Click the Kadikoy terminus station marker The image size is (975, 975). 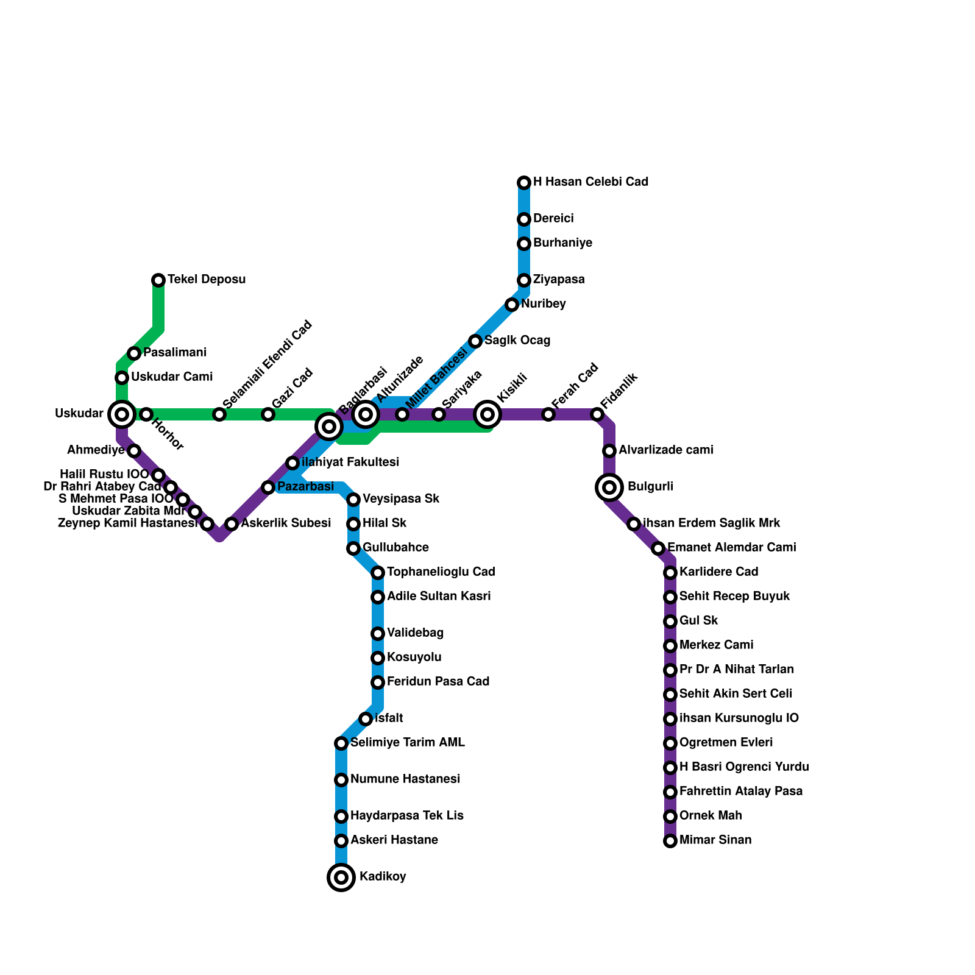[341, 877]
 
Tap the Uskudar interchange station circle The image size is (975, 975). [122, 414]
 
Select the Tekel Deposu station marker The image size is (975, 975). [158, 280]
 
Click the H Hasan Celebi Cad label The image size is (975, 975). [590, 182]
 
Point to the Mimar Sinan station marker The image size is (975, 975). [670, 841]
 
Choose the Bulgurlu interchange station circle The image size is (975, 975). [609, 487]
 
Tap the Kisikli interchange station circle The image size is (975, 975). [487, 414]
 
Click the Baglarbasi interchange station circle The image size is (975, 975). [329, 427]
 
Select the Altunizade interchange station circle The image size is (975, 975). [366, 414]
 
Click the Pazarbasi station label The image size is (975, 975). [305, 487]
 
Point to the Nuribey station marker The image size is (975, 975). [512, 305]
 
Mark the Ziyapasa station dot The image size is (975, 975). [524, 280]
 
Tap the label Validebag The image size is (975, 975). [415, 633]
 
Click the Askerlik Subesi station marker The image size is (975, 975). [232, 524]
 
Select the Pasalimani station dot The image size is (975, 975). [134, 353]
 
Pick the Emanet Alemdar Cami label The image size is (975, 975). [731, 548]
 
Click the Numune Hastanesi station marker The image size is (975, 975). [341, 780]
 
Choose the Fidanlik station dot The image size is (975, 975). [597, 414]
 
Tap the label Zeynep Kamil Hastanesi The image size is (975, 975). [127, 523]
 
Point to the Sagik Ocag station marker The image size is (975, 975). [475, 341]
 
